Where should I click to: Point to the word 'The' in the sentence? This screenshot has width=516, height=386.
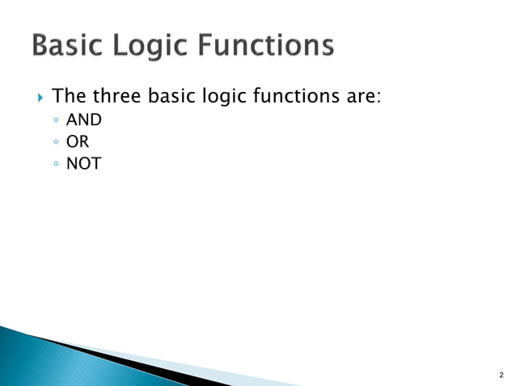coord(70,98)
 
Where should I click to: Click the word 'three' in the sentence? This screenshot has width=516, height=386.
coord(117,98)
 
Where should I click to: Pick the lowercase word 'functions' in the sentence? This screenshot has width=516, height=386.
coord(294,98)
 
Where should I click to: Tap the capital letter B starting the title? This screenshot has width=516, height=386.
coord(42,46)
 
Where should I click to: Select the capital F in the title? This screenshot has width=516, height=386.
coord(214,46)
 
